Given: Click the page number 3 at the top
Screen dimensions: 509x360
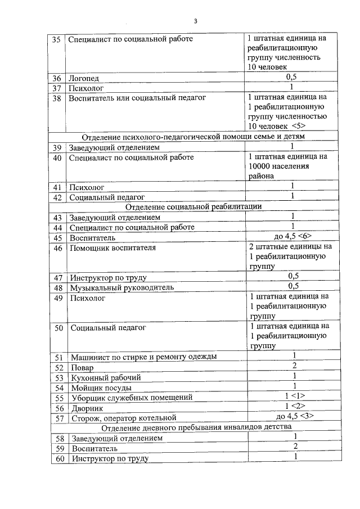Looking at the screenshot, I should tap(195, 21).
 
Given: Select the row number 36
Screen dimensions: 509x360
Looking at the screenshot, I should tap(56, 79).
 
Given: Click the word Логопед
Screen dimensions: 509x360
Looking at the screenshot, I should tap(83, 79).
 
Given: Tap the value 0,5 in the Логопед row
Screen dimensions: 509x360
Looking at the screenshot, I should tap(291, 77).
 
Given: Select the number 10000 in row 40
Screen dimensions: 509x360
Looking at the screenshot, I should tap(262, 167).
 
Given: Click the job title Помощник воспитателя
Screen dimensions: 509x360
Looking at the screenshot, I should tap(112, 247).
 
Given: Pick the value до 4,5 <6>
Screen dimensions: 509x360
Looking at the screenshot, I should tap(291, 237).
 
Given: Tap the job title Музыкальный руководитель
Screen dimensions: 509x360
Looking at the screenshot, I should tap(121, 287).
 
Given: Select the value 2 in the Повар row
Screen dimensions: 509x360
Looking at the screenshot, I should tap(294, 366).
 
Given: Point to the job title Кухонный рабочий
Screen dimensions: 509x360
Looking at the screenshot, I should tap(105, 377).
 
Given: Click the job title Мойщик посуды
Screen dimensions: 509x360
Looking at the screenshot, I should tap(101, 388).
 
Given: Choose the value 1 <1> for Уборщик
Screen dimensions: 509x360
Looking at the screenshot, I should tap(294, 396).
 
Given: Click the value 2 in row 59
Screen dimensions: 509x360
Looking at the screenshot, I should tap(294, 447).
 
